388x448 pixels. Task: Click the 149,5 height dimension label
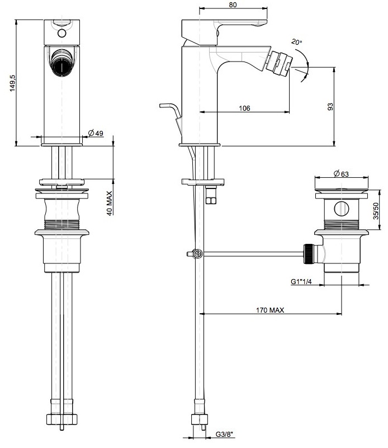tap(12, 83)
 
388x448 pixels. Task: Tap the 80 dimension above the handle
tap(233, 4)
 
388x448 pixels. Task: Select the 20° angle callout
tap(296, 42)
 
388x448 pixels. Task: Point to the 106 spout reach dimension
tap(244, 108)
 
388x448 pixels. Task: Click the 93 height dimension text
tap(330, 107)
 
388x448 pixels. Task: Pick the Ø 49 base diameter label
tap(96, 133)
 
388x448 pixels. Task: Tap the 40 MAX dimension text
tap(110, 203)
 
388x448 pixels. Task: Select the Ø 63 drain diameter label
tap(341, 174)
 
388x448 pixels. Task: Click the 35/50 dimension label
tap(376, 211)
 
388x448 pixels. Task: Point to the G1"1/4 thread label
tap(301, 281)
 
